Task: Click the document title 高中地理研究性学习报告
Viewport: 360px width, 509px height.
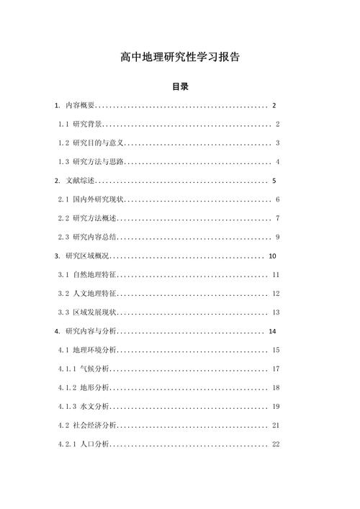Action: click(180, 58)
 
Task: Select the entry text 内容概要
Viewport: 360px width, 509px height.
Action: click(80, 106)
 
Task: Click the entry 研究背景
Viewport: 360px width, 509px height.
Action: click(87, 124)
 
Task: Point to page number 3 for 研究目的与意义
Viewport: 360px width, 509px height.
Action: click(277, 143)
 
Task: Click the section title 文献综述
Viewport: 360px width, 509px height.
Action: click(80, 180)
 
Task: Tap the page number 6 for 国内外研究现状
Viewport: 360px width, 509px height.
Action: click(277, 199)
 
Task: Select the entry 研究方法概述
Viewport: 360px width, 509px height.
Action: click(94, 217)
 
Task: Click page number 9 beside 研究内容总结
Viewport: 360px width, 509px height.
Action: click(277, 237)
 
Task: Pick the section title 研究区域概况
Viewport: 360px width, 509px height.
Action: click(87, 256)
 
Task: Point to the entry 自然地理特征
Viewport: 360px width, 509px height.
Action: click(94, 274)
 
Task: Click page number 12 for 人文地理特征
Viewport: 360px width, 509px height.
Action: click(276, 293)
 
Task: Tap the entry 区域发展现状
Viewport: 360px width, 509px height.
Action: click(94, 312)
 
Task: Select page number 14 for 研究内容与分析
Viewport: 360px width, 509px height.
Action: click(272, 331)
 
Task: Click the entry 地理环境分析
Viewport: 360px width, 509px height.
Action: click(94, 350)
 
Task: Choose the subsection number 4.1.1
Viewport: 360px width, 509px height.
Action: click(68, 369)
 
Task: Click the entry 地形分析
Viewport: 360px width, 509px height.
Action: click(94, 387)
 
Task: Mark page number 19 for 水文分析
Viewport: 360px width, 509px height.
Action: click(276, 407)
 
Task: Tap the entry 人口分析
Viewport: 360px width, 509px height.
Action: click(94, 444)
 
